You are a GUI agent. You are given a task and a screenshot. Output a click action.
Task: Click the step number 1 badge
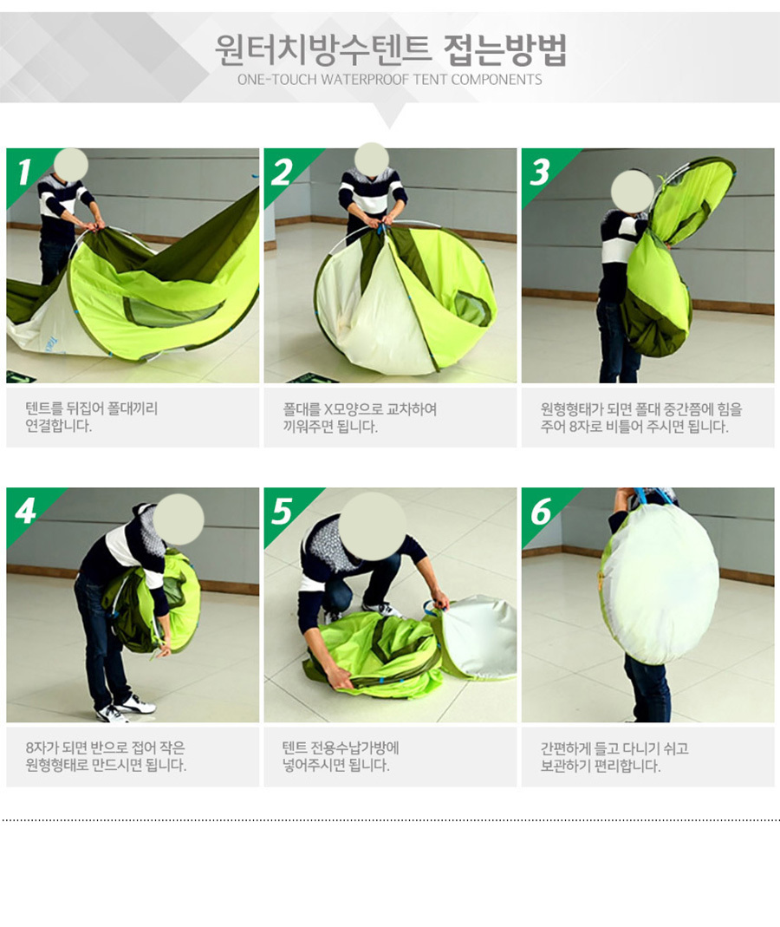23,172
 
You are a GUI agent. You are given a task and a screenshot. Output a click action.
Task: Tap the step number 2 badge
282,172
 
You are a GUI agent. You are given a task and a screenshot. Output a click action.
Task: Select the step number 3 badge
539,172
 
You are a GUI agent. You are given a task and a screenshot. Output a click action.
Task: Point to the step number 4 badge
25,511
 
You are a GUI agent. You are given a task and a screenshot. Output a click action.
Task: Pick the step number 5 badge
282,511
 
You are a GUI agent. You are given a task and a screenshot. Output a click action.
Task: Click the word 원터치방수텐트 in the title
322,49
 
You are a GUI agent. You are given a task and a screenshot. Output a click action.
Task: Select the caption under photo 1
92,417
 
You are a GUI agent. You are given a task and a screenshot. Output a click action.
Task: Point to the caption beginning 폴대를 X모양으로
360,417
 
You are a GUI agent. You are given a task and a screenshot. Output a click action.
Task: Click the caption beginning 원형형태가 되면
641,417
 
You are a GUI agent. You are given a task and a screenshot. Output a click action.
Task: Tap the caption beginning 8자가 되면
106,756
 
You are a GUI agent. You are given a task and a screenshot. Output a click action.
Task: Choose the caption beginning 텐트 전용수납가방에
341,756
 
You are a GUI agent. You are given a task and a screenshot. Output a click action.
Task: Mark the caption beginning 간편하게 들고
614,757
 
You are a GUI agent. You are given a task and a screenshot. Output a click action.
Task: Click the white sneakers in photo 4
126,708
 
